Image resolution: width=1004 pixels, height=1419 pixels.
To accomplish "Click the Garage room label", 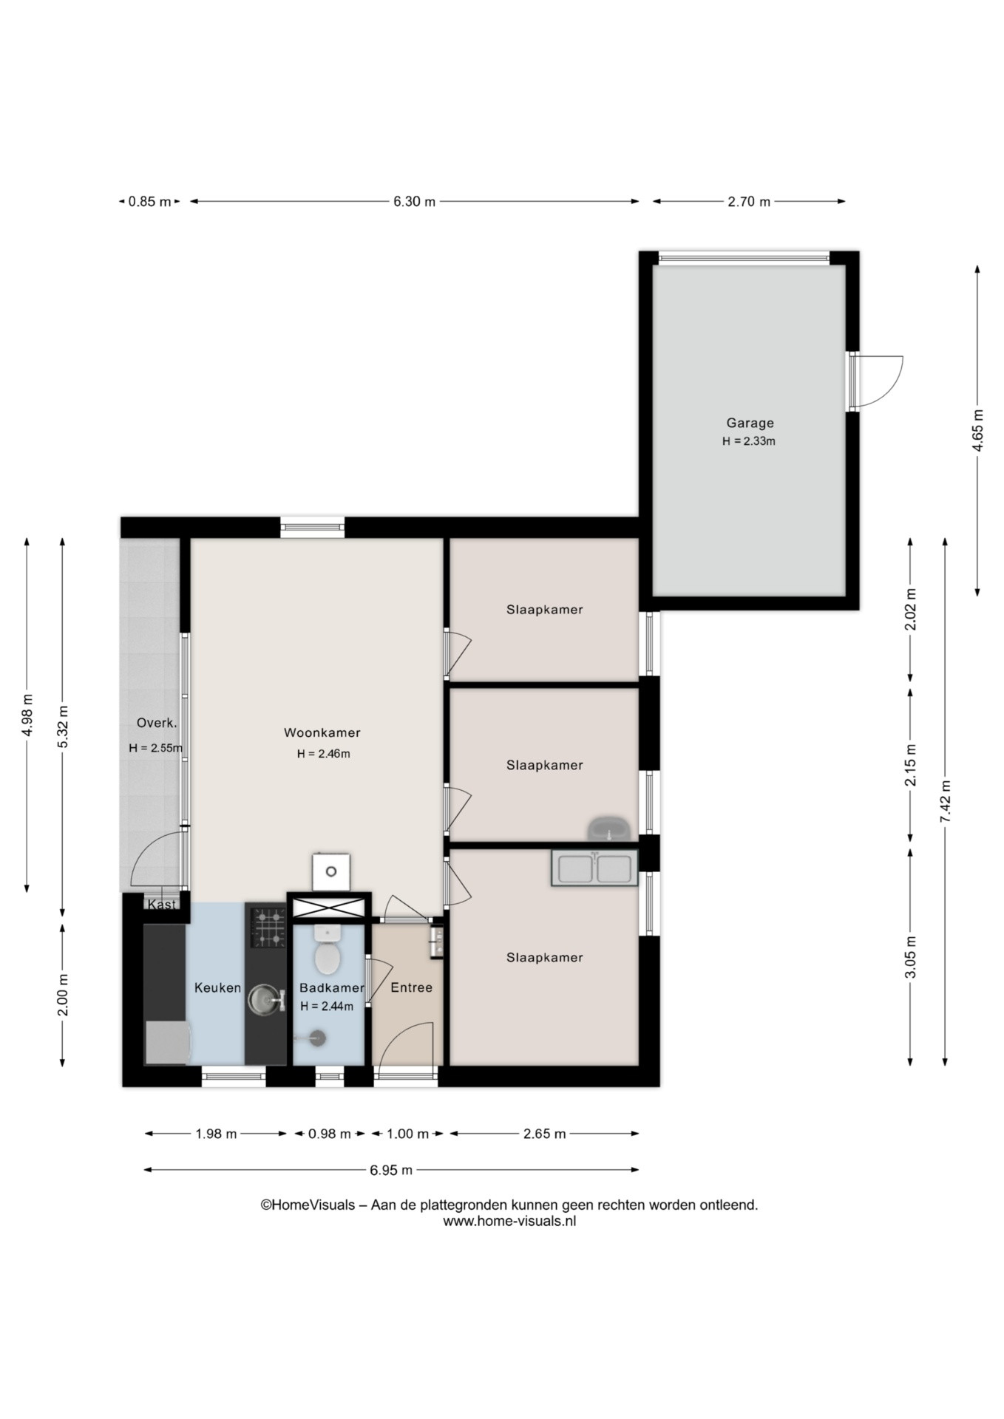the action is [750, 423].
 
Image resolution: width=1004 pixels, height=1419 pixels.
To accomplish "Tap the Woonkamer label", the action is [322, 733].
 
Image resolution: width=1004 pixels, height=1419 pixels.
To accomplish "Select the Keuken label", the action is [217, 987].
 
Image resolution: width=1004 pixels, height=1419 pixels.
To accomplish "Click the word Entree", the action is [411, 987].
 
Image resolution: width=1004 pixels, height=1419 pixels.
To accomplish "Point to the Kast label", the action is [162, 905].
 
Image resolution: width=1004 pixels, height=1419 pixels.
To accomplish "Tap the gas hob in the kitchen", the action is [268, 928].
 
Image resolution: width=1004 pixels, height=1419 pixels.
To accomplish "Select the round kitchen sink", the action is [265, 999].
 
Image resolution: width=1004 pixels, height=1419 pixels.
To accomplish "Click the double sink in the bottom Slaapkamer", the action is [594, 868].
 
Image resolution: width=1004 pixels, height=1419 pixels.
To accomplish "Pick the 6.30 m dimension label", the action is [414, 202].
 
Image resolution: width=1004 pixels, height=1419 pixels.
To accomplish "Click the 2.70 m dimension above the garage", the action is [749, 202].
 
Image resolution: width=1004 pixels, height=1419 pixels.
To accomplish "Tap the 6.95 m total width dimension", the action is [391, 1170].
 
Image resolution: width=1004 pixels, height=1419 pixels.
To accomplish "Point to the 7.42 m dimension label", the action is [946, 802].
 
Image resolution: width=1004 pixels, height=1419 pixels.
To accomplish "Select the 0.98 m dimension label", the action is [329, 1134].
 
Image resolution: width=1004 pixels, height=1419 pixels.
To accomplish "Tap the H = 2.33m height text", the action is [749, 441].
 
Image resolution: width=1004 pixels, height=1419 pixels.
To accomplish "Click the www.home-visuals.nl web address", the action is [509, 1221].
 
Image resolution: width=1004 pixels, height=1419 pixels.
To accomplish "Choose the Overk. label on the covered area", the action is [157, 724].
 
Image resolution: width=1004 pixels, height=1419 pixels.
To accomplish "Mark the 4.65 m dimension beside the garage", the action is [978, 430].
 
